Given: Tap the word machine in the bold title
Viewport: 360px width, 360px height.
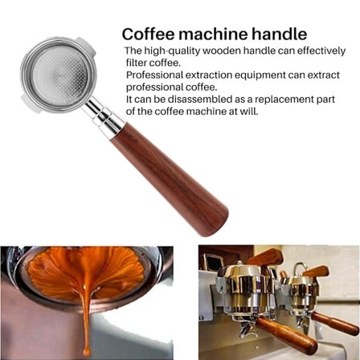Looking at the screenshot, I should click(x=213, y=35).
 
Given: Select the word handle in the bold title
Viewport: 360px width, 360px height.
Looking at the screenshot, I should click(x=279, y=35).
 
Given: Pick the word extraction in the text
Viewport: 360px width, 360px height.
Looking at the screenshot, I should click(x=198, y=74).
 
